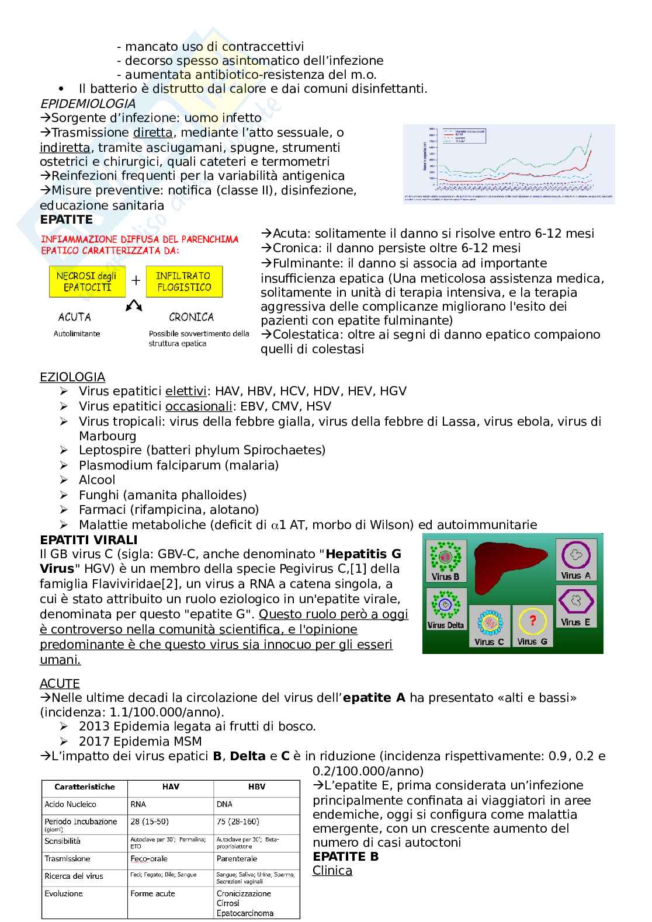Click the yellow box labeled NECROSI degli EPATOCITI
[86, 281]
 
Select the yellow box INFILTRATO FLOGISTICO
[184, 281]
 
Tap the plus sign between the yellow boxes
[136, 281]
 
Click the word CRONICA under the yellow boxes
[191, 317]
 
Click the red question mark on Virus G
[532, 621]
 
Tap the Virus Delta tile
[445, 609]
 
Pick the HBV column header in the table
[256, 787]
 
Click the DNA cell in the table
[224, 804]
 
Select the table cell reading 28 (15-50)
[150, 822]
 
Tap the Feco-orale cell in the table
[149, 858]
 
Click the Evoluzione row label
[64, 893]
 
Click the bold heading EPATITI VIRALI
[89, 540]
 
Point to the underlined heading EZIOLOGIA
[72, 377]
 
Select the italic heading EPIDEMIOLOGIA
[88, 103]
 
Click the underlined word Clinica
[332, 871]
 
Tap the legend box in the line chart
[464, 135]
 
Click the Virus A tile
[575, 559]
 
